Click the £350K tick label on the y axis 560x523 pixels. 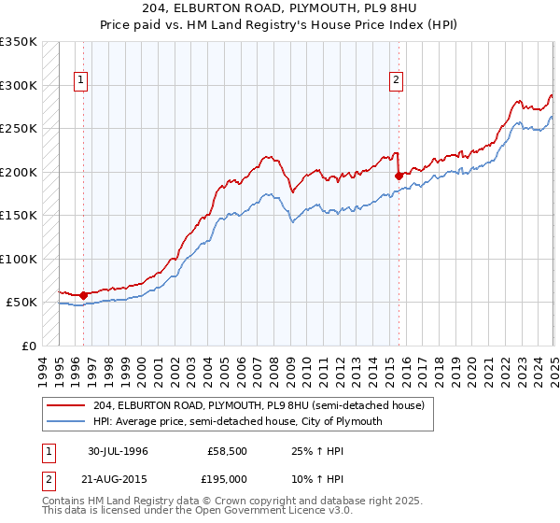(x=19, y=43)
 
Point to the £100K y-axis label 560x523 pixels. (x=19, y=259)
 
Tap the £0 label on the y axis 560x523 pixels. (x=29, y=346)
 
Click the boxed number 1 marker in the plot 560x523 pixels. (x=82, y=81)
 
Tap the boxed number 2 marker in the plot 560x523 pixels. (x=397, y=81)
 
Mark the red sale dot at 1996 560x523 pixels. (x=83, y=295)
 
